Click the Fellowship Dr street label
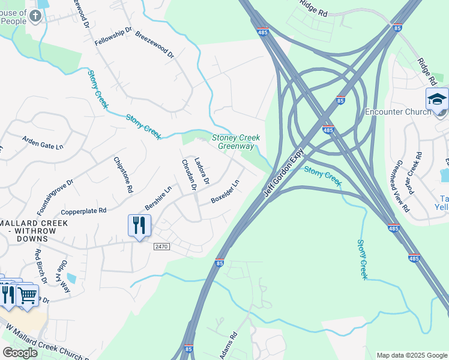point(113,37)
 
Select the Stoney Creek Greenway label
point(236,142)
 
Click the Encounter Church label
point(398,112)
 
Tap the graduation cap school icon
point(437,99)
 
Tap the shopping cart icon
point(27,295)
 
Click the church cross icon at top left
point(35,14)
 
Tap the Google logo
point(20,353)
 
